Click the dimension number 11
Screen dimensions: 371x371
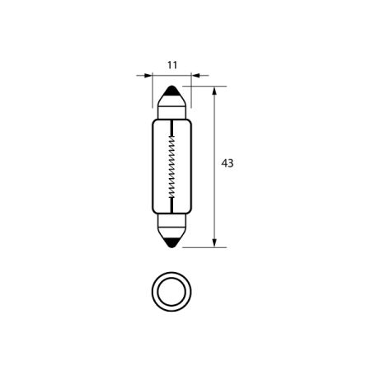[x=171, y=63]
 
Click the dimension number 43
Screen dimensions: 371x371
[x=228, y=163]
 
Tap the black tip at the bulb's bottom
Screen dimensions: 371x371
[x=171, y=242]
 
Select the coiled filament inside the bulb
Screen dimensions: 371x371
[x=171, y=165]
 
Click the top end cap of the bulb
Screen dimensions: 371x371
[x=171, y=105]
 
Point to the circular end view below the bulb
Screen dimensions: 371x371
[x=171, y=291]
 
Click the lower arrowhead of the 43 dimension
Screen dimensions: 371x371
[x=214, y=241]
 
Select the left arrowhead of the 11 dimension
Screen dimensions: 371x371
[x=148, y=76]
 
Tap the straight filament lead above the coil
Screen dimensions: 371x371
[x=171, y=125]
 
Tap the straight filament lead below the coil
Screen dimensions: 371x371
[x=171, y=204]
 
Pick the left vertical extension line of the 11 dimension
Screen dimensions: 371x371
[x=153, y=91]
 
